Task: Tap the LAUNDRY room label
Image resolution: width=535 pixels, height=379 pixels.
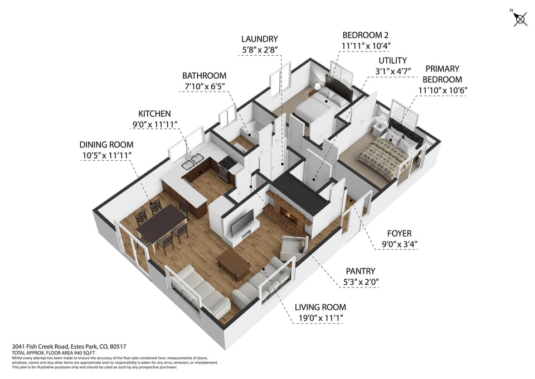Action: [x=259, y=39]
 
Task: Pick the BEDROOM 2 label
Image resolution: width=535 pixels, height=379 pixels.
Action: [x=365, y=34]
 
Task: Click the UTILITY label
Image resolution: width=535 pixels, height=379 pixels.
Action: [x=393, y=60]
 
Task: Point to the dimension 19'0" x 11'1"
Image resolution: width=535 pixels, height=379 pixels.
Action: [x=320, y=318]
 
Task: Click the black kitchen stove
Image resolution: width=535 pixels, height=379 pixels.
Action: [x=226, y=167]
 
